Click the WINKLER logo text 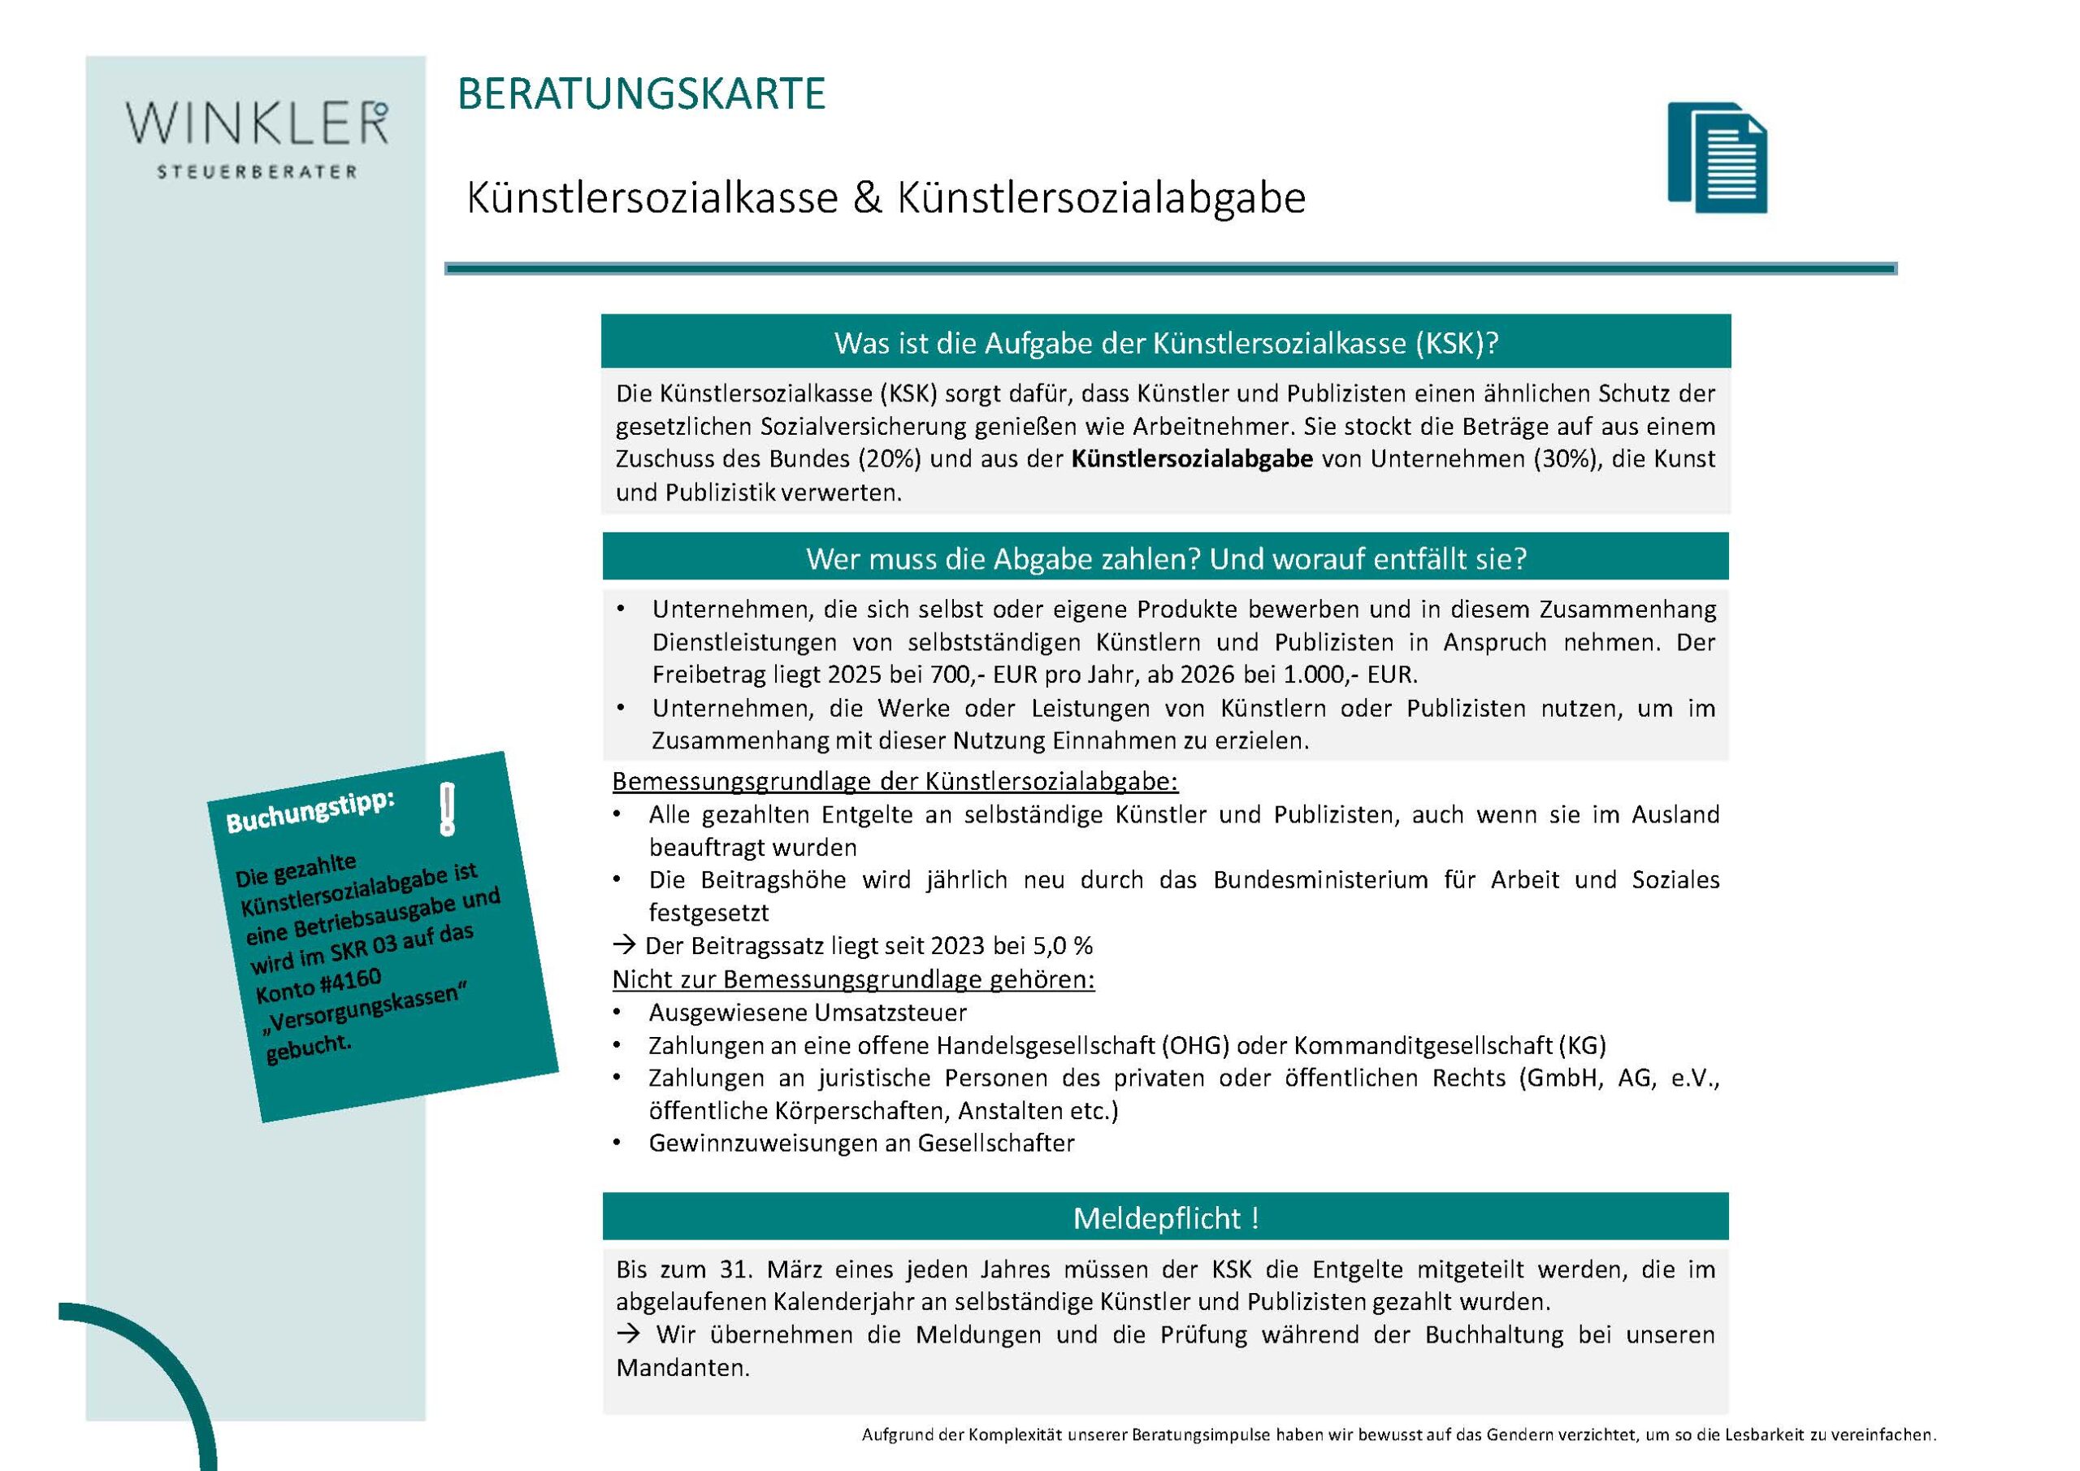coord(257,124)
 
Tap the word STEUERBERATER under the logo coord(258,172)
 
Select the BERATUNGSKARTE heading coord(641,95)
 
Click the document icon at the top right coord(1717,158)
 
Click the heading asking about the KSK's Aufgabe coord(1166,344)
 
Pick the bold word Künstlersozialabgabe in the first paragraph coord(1191,459)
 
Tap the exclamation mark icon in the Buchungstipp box coord(446,809)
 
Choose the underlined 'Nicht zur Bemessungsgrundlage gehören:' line coord(853,980)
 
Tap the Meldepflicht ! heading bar coord(1166,1218)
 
